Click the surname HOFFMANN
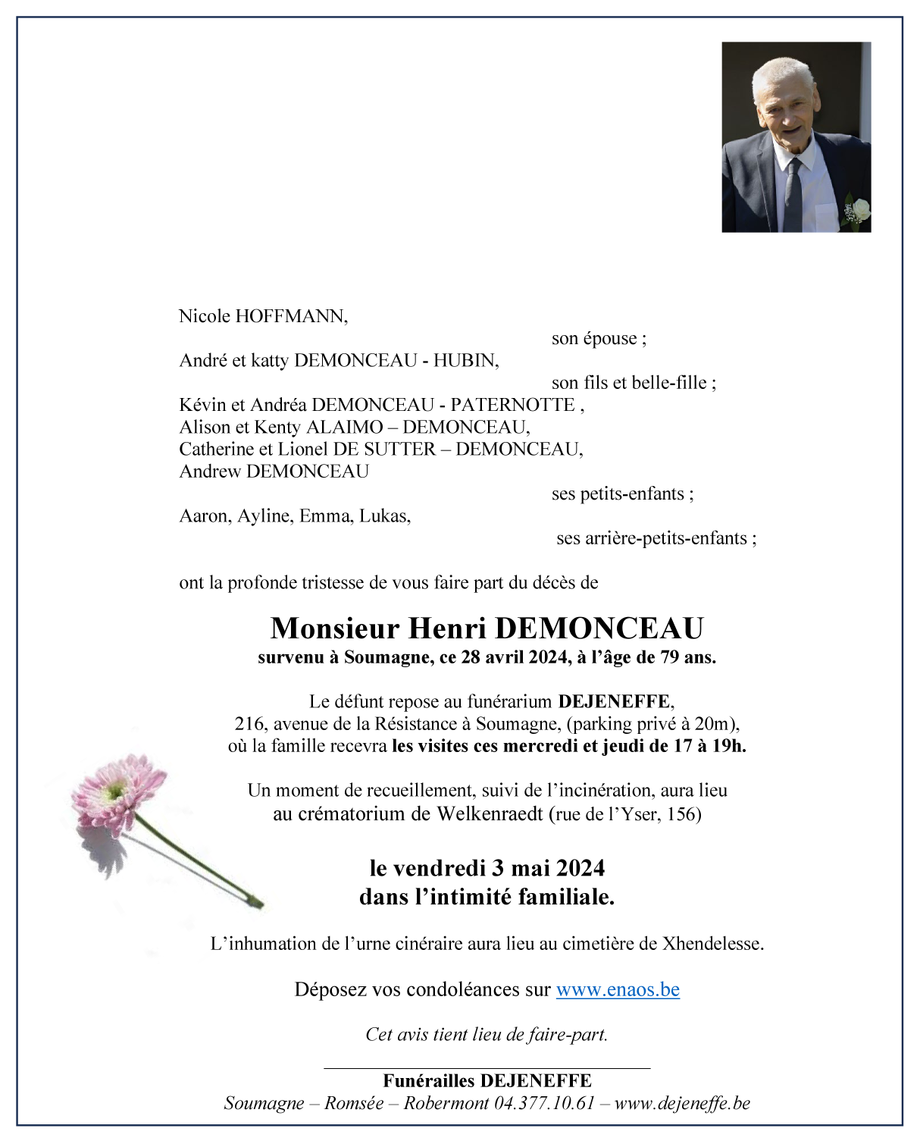[x=291, y=316]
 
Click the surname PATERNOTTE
[x=513, y=405]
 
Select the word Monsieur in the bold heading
[x=334, y=628]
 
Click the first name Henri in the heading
[x=447, y=628]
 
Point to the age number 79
[x=669, y=657]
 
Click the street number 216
[x=249, y=724]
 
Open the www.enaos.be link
[x=618, y=990]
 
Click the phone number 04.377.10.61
[x=544, y=1103]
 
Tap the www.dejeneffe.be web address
[x=682, y=1103]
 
